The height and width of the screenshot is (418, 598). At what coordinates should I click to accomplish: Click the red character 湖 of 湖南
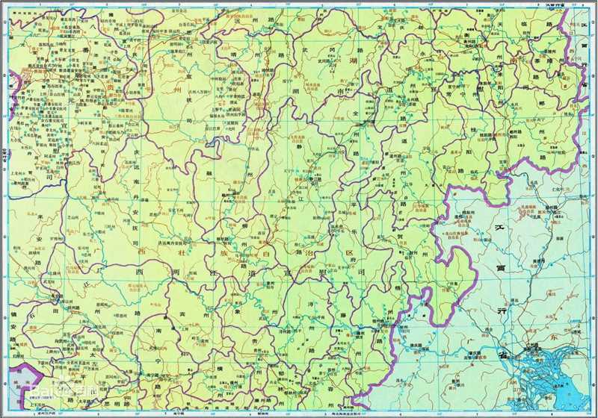point(352,66)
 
